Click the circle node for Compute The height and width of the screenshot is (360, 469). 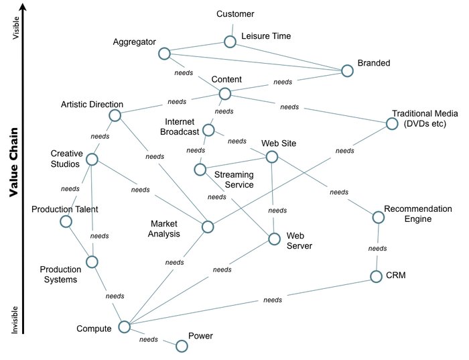coord(124,326)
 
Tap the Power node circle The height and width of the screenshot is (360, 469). coord(181,346)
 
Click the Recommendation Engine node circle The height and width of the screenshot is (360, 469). coord(378,217)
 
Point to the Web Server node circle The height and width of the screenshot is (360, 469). coord(273,239)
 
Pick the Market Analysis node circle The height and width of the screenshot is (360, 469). coord(208,227)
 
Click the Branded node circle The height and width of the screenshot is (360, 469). coord(346,70)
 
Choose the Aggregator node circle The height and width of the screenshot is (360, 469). coord(164,53)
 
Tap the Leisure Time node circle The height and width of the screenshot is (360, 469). coord(230,42)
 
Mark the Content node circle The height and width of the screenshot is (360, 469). coord(224,94)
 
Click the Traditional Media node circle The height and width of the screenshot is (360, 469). coord(392,124)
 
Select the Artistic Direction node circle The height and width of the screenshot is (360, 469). coord(115,115)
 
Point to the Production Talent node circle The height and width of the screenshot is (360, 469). coord(66,221)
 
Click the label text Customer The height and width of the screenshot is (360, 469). coord(236,14)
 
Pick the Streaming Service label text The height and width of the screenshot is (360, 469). coord(234,180)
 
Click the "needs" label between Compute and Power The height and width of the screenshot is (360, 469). coord(148,340)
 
